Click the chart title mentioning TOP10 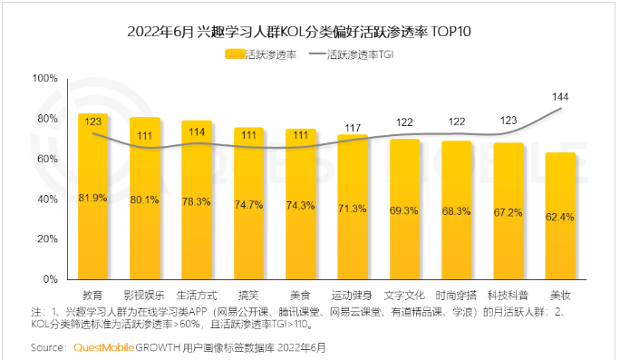tap(309, 32)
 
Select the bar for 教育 tap(92, 196)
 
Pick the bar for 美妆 tap(561, 216)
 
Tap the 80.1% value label tap(144, 199)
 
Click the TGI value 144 tap(561, 96)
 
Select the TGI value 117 tap(353, 128)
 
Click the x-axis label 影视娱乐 tap(144, 296)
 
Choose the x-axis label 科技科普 tap(509, 296)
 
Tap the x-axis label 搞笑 tap(248, 296)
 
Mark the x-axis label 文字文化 tap(404, 296)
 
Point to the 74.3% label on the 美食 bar tap(300, 206)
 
